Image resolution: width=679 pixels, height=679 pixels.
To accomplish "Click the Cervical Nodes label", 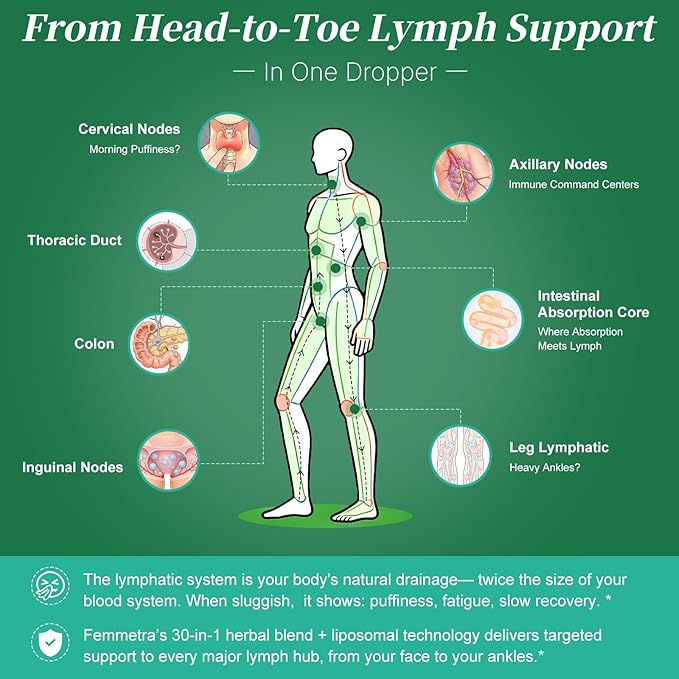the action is (x=129, y=129).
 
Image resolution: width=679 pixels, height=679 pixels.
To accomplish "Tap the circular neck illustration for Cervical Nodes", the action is (x=229, y=143).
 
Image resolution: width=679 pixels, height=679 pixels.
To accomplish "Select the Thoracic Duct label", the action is (x=74, y=240).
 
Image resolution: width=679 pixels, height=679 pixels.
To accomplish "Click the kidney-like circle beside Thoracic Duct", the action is (x=167, y=241).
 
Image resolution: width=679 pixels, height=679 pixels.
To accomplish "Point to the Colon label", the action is (x=94, y=344).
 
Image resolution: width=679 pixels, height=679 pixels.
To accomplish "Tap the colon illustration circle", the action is (x=159, y=344).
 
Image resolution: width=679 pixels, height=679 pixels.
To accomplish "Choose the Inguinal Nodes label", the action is (x=73, y=468).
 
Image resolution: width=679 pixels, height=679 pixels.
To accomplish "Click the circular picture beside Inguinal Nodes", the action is (x=168, y=460).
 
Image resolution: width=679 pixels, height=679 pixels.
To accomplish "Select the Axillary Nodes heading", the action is (x=558, y=165).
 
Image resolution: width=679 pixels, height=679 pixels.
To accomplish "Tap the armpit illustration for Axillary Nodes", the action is (x=463, y=174).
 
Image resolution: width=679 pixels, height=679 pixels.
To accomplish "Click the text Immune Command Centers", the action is (x=574, y=185).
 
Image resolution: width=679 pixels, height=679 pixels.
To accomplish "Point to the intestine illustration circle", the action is (x=493, y=320).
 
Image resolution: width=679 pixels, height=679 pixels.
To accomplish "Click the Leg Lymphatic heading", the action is (x=559, y=448).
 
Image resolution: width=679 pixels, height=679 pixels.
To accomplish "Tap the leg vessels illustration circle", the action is (x=461, y=456).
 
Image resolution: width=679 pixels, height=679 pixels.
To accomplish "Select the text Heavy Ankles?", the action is (x=544, y=468).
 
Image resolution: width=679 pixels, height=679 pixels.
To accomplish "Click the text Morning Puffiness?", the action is (x=135, y=149).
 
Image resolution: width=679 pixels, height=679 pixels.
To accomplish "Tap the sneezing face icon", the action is (x=50, y=586).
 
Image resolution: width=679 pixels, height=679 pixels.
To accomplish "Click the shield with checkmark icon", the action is (x=50, y=643).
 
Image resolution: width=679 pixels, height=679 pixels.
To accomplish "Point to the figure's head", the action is (x=333, y=152).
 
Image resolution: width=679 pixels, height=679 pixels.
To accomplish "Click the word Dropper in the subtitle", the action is (x=391, y=72).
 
